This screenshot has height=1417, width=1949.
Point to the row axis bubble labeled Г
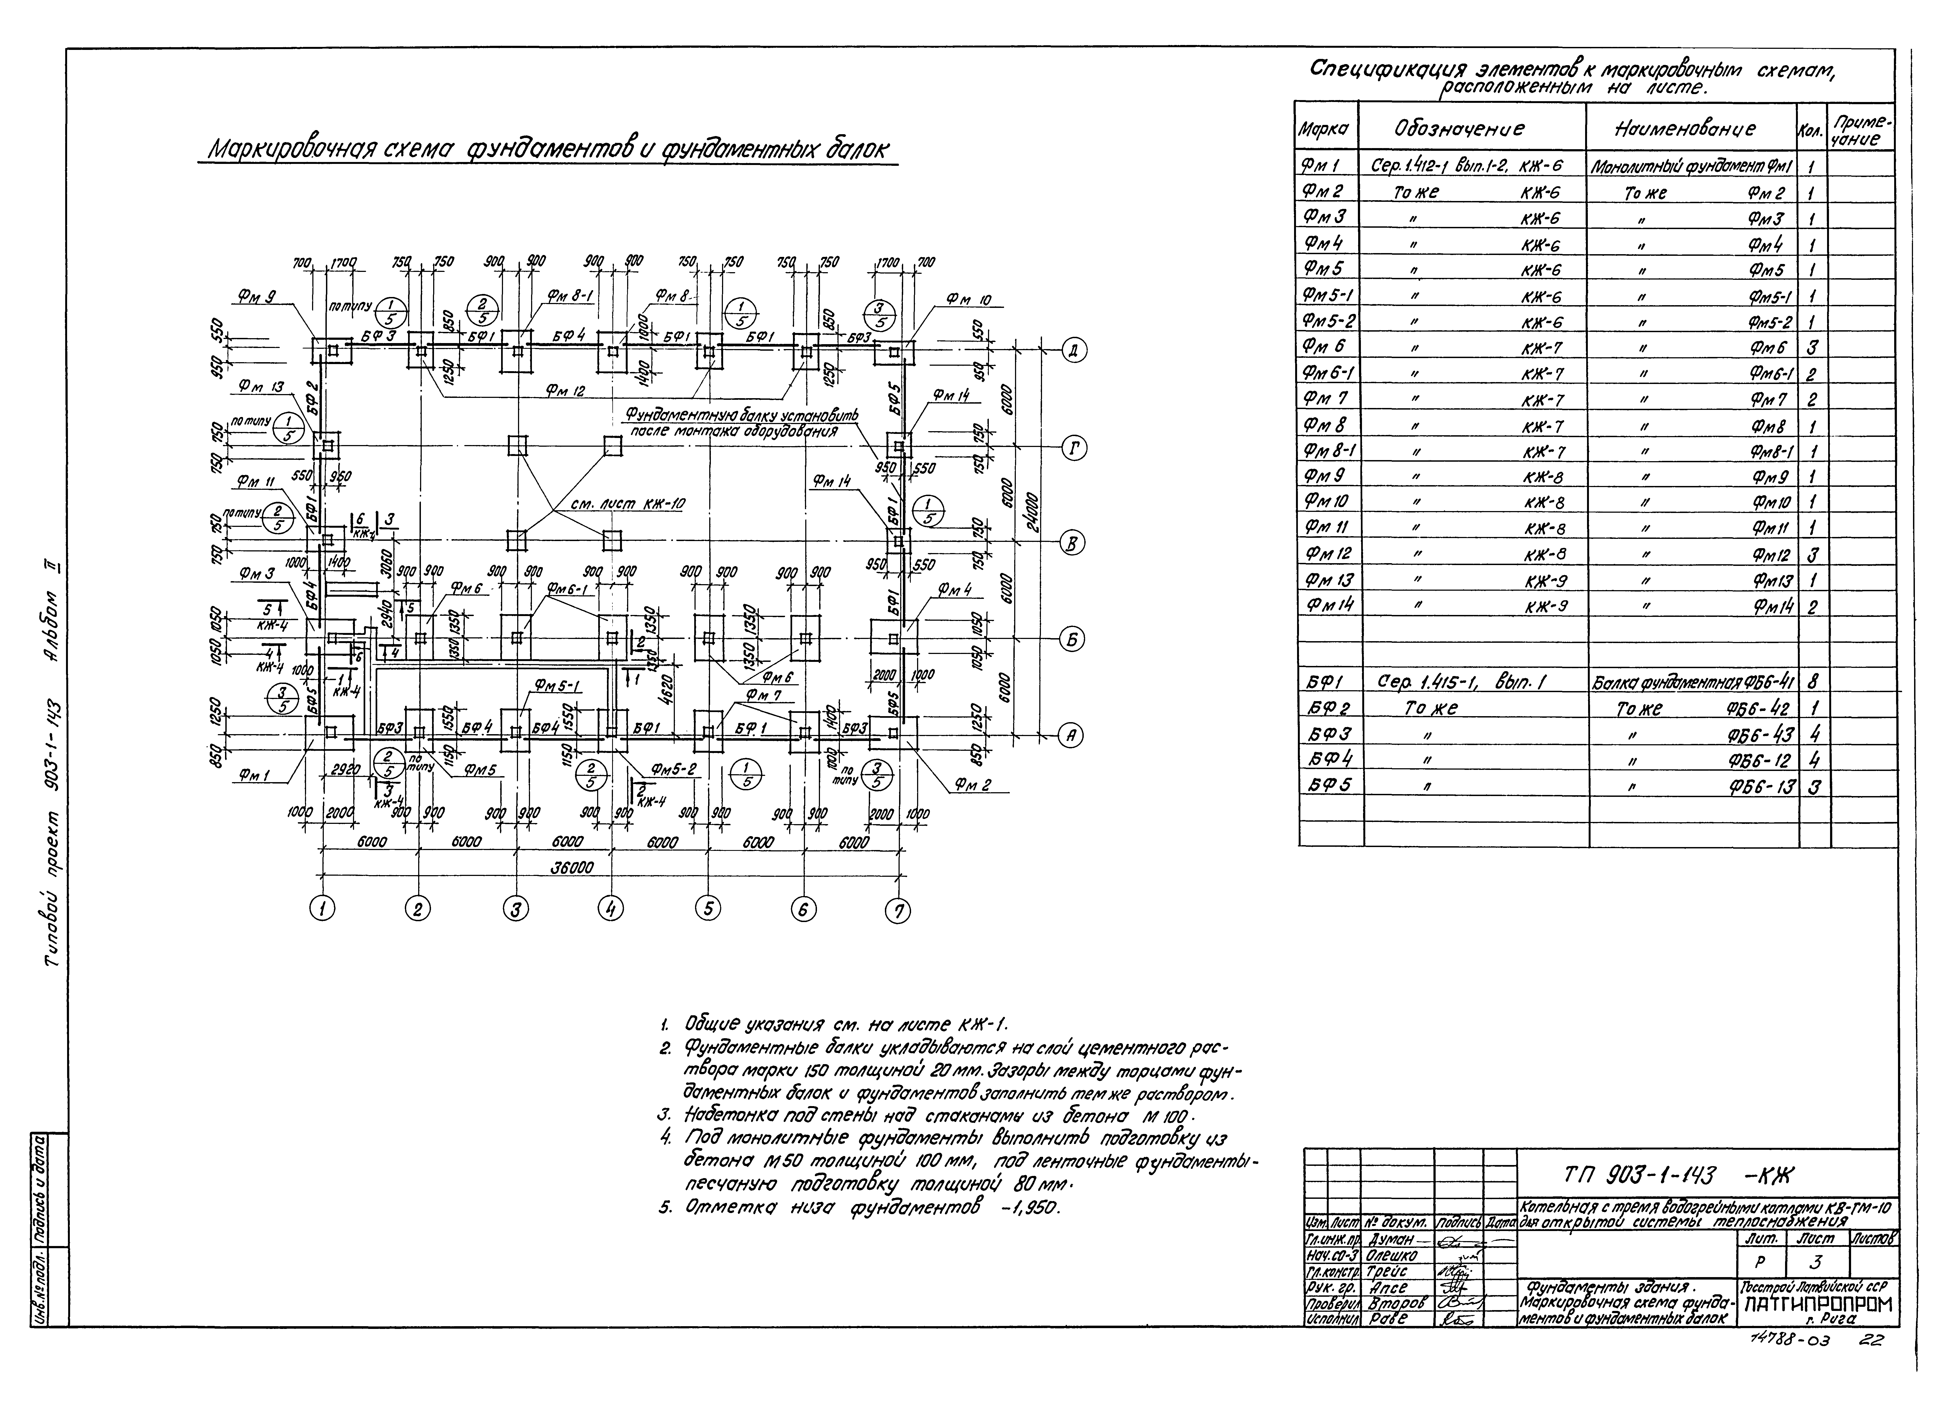1074,448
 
